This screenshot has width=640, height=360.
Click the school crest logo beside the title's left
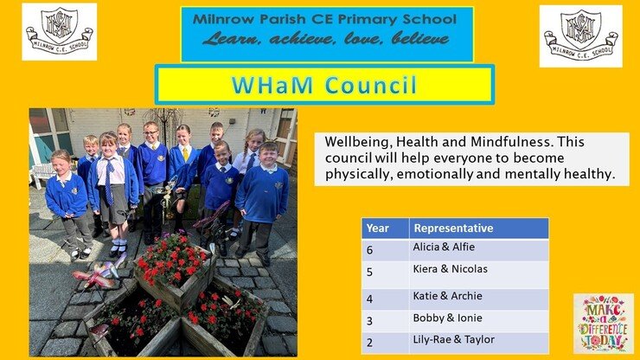[x=59, y=32]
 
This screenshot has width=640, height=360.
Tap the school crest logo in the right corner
[x=581, y=36]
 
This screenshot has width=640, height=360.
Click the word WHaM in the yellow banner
[x=272, y=85]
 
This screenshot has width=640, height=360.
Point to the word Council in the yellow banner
[x=371, y=85]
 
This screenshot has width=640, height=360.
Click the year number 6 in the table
[x=369, y=250]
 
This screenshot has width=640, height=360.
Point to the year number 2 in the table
[x=369, y=343]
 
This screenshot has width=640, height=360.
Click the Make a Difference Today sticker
[x=604, y=324]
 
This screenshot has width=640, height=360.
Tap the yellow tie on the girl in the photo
[x=186, y=154]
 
